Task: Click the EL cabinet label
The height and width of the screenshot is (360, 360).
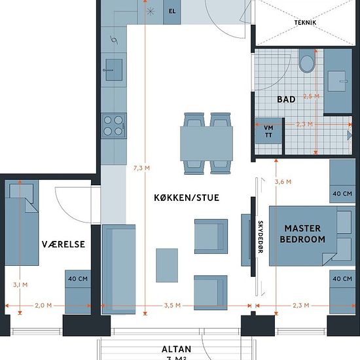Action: click(x=172, y=11)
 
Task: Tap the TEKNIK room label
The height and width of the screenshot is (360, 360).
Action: click(x=305, y=22)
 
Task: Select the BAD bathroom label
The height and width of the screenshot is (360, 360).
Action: click(x=286, y=99)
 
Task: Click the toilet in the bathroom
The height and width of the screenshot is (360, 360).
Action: click(x=306, y=61)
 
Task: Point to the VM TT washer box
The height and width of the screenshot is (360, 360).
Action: click(x=268, y=131)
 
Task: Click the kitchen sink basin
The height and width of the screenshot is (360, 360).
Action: click(x=114, y=70)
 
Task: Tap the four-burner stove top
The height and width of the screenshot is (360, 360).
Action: click(x=114, y=126)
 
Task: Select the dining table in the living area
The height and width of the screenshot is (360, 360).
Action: click(x=206, y=143)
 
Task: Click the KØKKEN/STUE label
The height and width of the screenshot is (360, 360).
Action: click(x=187, y=198)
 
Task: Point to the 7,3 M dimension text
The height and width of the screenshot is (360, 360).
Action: click(x=141, y=168)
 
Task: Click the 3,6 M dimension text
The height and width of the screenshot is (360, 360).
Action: click(x=283, y=182)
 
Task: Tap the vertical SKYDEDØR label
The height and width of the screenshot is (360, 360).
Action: click(x=261, y=237)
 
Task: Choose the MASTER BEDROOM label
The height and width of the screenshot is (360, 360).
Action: click(x=302, y=234)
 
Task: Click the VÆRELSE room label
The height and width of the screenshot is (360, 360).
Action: click(x=63, y=244)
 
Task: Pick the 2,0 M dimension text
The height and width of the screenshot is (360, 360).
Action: click(x=43, y=306)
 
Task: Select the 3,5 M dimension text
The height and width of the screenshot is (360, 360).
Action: click(x=172, y=306)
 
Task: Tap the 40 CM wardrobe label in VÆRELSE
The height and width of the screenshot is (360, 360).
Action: click(x=78, y=279)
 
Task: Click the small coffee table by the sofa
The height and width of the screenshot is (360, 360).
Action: click(x=167, y=265)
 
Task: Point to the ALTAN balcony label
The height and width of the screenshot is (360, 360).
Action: click(x=176, y=350)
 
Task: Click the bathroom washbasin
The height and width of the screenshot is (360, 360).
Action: click(x=337, y=81)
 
